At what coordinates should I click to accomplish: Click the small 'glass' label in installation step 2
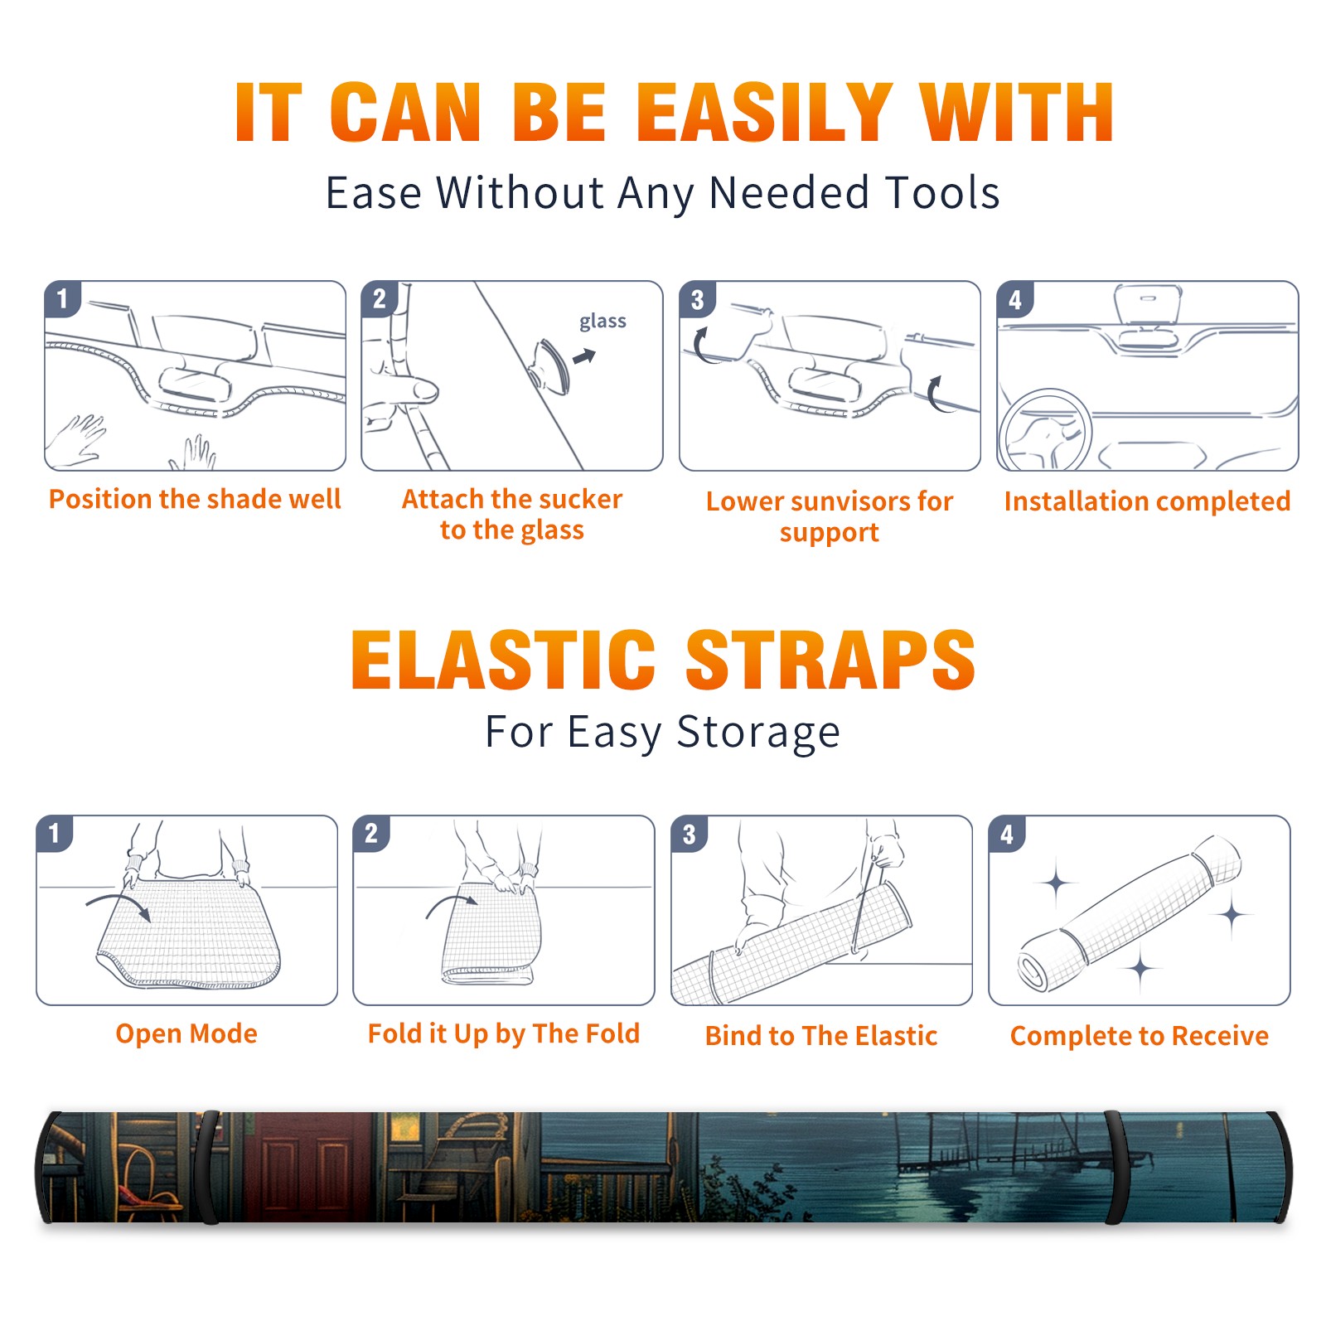pyautogui.click(x=603, y=322)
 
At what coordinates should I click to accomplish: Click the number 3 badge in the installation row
pyautogui.click(x=697, y=299)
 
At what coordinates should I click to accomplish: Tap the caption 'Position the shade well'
pyautogui.click(x=195, y=499)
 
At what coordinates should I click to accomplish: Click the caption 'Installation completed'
pyautogui.click(x=1147, y=501)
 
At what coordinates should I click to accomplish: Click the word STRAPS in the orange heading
pyautogui.click(x=830, y=660)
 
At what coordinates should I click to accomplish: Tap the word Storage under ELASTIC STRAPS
pyautogui.click(x=758, y=733)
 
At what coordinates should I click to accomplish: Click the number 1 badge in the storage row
pyautogui.click(x=55, y=834)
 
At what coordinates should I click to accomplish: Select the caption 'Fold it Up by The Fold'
pyautogui.click(x=504, y=1033)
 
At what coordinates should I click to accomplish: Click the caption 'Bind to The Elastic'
pyautogui.click(x=821, y=1036)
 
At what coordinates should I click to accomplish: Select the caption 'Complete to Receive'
pyautogui.click(x=1140, y=1036)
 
